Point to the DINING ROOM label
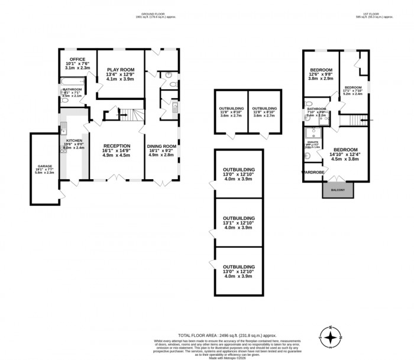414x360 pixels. tap(161, 146)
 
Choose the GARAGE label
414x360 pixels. tap(45, 167)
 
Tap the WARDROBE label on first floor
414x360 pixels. tap(313, 173)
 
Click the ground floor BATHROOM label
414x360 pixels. tap(72, 90)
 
